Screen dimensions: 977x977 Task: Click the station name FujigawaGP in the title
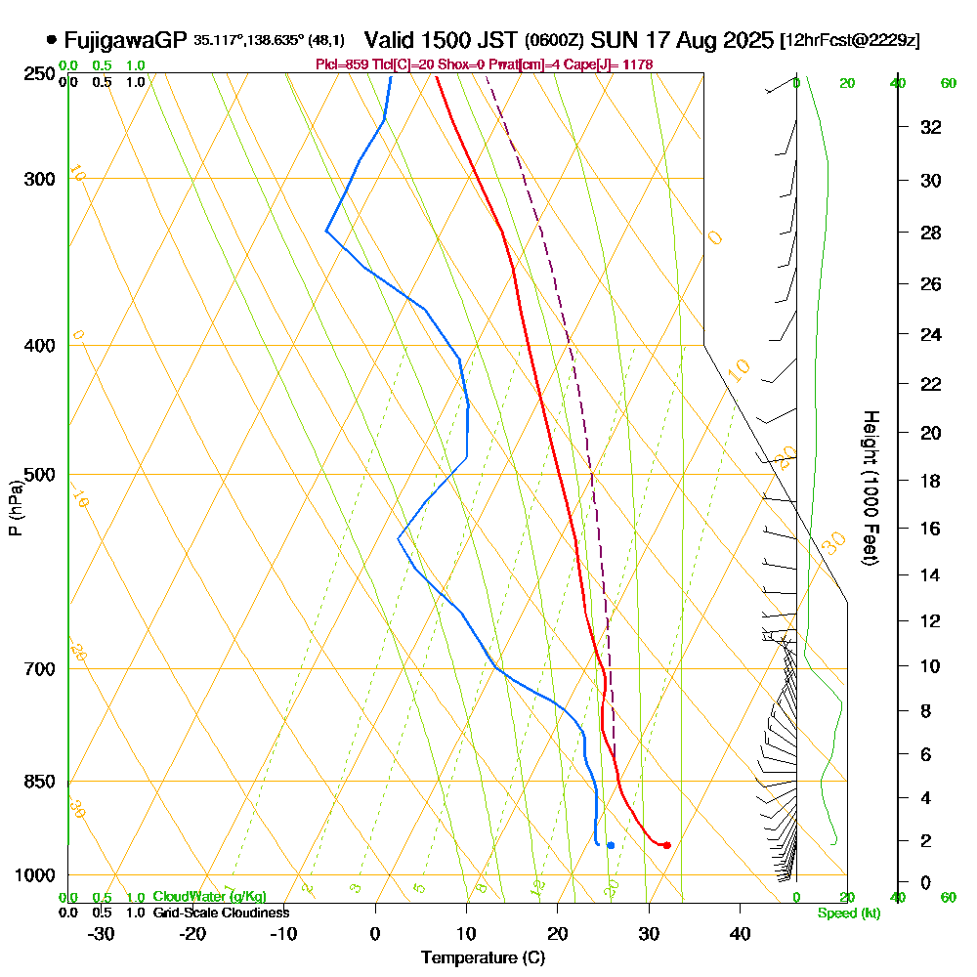click(125, 40)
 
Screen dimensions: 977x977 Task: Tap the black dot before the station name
click(51, 40)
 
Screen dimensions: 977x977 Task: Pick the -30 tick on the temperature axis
click(102, 933)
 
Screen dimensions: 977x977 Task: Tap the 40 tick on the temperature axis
click(740, 933)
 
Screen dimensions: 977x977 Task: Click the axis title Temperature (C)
click(483, 957)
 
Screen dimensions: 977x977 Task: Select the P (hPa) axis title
click(15, 508)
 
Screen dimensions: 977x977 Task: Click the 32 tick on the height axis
click(931, 127)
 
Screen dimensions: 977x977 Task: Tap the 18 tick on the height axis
click(931, 481)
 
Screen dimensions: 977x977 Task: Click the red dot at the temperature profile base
click(666, 845)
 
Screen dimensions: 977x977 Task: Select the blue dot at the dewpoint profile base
click(610, 845)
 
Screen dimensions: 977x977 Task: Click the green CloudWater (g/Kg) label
click(209, 897)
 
